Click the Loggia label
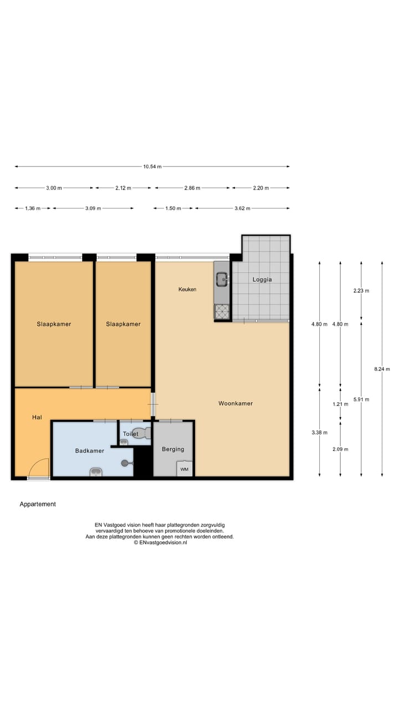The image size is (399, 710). click(262, 280)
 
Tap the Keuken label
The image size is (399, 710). click(187, 290)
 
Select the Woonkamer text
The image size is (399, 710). click(236, 403)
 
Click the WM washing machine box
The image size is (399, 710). click(184, 470)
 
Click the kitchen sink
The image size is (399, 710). click(222, 279)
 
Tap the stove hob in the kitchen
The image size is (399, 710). click(222, 312)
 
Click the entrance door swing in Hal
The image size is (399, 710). click(39, 467)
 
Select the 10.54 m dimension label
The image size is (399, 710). click(152, 166)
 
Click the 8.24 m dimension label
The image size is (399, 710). click(382, 369)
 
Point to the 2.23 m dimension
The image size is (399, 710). click(361, 291)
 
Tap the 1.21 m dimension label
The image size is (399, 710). click(340, 404)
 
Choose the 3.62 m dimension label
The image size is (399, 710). click(242, 209)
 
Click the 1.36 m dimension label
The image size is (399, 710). click(33, 209)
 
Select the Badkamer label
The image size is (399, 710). click(90, 451)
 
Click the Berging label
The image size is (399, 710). click(173, 449)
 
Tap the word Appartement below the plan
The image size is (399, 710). click(38, 504)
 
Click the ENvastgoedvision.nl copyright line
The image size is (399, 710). click(160, 543)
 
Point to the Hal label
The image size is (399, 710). click(37, 417)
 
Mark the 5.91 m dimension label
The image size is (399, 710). click(361, 399)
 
